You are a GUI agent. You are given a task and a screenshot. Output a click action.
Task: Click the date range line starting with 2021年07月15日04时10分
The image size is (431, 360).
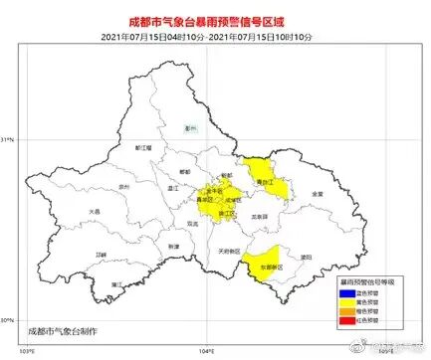(x=214, y=36)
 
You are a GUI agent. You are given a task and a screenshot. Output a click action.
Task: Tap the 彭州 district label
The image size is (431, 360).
(x=192, y=128)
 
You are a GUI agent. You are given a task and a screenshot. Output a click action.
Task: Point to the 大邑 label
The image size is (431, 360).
(x=96, y=211)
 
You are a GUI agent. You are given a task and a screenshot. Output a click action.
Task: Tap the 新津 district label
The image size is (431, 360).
(x=173, y=245)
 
